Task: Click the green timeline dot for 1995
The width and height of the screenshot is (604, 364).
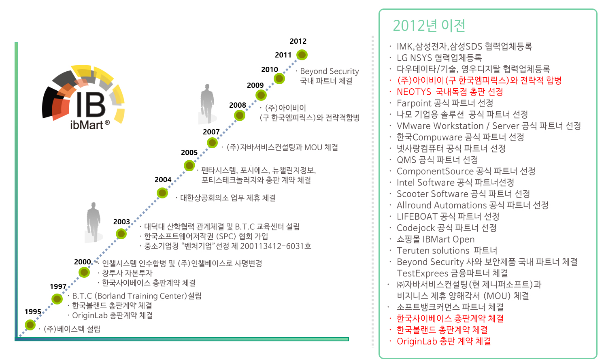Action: point(30,325)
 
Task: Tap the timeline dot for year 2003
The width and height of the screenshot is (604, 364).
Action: point(121,234)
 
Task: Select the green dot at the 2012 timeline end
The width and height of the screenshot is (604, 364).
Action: point(302,55)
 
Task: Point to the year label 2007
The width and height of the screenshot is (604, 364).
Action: point(211,132)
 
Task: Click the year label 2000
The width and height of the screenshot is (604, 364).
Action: point(83,262)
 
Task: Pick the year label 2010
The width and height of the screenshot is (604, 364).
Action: point(270,70)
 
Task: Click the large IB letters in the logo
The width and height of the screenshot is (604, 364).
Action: point(91,104)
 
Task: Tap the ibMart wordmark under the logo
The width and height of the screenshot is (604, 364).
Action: point(90,125)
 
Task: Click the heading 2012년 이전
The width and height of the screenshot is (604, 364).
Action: point(429,26)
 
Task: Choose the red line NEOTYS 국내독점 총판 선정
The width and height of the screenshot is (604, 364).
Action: point(450,92)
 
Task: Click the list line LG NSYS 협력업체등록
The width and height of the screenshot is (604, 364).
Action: point(439,58)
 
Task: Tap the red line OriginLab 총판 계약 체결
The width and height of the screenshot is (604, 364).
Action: point(444,341)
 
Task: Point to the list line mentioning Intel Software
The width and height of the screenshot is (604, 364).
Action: point(455,183)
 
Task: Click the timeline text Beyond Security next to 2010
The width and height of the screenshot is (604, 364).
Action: point(329,71)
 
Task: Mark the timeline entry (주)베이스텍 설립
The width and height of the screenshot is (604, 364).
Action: point(72,329)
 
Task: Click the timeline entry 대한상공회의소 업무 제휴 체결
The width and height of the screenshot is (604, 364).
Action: point(228,198)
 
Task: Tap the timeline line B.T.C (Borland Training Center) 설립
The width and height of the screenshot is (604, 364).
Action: point(137,296)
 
